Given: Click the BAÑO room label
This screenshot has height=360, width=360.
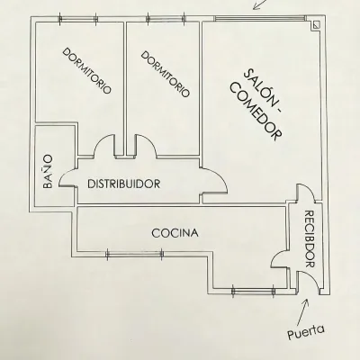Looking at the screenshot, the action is click(48, 172).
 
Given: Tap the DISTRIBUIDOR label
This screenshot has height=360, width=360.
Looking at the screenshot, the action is click(124, 184).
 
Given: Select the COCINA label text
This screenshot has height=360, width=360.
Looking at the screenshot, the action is click(175, 233).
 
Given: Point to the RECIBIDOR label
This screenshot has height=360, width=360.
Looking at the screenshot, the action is click(309, 238).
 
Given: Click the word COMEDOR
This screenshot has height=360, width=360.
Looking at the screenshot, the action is click(257, 114).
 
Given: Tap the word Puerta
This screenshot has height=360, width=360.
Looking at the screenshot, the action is click(306, 332).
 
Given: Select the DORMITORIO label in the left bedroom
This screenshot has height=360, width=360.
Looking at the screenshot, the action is click(86, 71).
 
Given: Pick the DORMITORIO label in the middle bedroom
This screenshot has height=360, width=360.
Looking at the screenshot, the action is click(166, 74).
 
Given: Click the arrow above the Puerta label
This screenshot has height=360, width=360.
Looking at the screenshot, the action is click(302, 311).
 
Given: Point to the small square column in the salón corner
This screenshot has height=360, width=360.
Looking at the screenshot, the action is click(316, 25).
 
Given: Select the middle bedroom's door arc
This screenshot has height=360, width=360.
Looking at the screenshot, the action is click(147, 141).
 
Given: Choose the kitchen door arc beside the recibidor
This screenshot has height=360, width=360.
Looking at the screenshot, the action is click(276, 255).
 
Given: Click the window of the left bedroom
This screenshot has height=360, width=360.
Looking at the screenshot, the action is click(77, 19).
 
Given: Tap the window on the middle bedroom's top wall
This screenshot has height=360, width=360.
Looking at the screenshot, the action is click(166, 19).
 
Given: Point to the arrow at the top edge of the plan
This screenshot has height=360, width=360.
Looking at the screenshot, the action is click(260, 4).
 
